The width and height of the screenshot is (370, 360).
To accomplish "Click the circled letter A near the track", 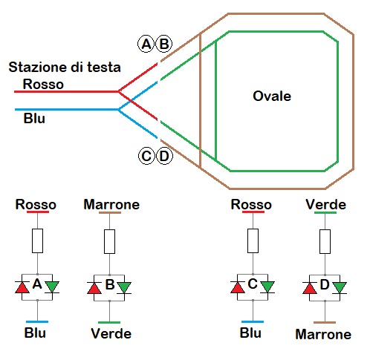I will pyautogui.click(x=146, y=44).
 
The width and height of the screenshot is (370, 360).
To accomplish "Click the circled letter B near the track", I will pyautogui.click(x=163, y=44).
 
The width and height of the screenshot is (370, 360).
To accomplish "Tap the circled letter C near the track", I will pyautogui.click(x=146, y=156).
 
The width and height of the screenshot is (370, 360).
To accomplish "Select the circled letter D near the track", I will pyautogui.click(x=163, y=156).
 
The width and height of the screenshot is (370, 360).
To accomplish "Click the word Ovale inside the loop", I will pyautogui.click(x=272, y=96).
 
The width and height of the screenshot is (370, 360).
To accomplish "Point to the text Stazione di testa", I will pyautogui.click(x=64, y=68).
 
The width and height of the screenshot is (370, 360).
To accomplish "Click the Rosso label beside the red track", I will pyautogui.click(x=43, y=84).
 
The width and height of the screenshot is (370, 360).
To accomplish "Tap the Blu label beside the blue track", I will pyautogui.click(x=34, y=117).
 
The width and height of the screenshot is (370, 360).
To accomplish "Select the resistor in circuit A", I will pyautogui.click(x=37, y=240).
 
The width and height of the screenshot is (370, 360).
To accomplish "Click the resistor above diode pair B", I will pyautogui.click(x=110, y=240).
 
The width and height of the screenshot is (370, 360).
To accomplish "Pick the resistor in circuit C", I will pyautogui.click(x=253, y=240).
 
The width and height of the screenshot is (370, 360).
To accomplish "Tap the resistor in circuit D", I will pyautogui.click(x=325, y=240).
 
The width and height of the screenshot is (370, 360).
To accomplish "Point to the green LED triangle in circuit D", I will pyautogui.click(x=340, y=287).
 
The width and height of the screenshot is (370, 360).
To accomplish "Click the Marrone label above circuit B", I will pyautogui.click(x=111, y=203).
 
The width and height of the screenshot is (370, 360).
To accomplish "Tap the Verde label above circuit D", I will pyautogui.click(x=325, y=203).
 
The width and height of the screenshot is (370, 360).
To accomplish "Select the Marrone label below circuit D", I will pyautogui.click(x=323, y=335).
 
